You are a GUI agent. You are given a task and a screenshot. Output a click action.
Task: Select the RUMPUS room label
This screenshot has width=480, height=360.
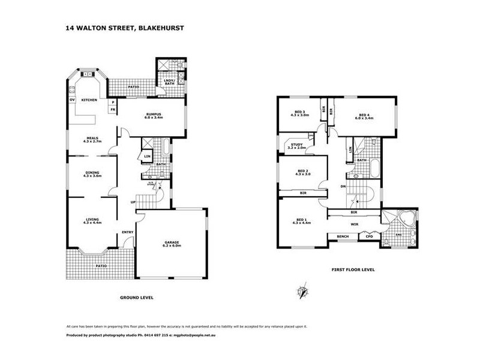point(154,115)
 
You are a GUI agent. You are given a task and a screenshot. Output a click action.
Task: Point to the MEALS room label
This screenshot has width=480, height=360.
point(92,139)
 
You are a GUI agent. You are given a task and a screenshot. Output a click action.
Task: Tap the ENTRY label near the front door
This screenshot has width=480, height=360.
point(127,232)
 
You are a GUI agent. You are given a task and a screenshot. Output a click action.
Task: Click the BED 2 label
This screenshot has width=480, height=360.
point(303,172)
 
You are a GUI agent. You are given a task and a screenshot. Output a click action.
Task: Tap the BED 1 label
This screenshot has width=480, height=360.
point(301,221)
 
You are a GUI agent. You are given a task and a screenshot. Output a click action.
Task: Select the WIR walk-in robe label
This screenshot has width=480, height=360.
point(353,225)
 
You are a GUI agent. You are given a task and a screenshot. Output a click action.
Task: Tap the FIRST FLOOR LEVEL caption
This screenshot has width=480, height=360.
point(353,269)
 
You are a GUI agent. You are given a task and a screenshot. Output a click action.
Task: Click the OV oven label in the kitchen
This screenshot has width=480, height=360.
point(72,100)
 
